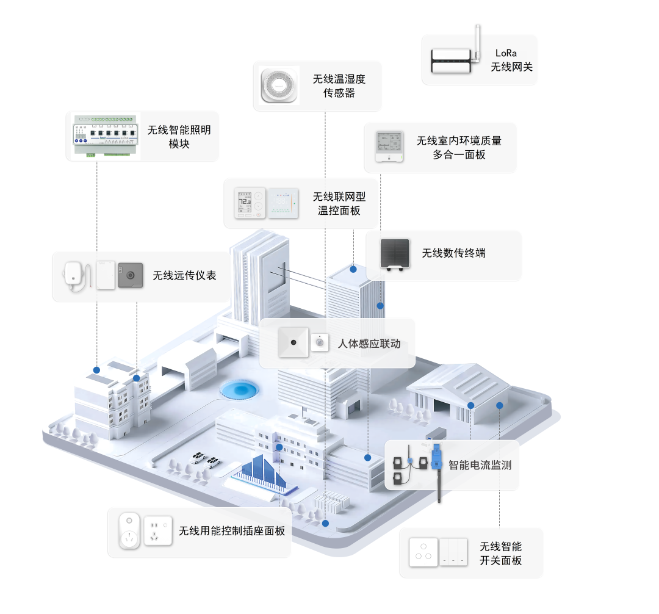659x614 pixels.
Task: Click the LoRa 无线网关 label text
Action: (x=511, y=60)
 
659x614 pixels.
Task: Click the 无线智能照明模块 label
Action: (x=179, y=137)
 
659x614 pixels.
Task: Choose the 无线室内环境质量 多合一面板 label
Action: (x=459, y=148)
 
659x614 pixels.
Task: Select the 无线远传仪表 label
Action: (x=184, y=276)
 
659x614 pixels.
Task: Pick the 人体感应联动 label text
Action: (x=369, y=344)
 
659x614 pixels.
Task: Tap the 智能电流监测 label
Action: (x=480, y=465)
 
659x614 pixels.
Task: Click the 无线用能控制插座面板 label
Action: (x=232, y=531)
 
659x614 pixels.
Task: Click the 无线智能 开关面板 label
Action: (x=500, y=553)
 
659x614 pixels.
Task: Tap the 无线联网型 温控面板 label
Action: (x=339, y=204)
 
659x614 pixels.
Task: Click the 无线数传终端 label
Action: (x=454, y=253)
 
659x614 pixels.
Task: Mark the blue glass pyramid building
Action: (x=262, y=472)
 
